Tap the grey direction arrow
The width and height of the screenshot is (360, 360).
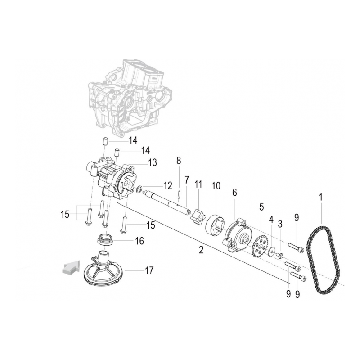click(x=71, y=267)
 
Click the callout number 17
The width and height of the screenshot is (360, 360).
click(x=149, y=270)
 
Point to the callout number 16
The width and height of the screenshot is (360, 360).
click(x=139, y=241)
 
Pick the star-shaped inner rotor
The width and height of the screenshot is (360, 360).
click(x=198, y=216)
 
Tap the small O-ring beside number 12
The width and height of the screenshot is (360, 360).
click(x=139, y=190)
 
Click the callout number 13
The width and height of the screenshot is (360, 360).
click(x=152, y=162)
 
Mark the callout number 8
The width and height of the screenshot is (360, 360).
click(x=179, y=161)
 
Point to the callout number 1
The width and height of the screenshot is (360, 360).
click(x=321, y=197)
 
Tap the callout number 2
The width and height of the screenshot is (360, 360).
click(x=201, y=250)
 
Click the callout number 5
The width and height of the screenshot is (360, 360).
click(x=261, y=207)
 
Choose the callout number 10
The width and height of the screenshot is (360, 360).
click(x=216, y=186)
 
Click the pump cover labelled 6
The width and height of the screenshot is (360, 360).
click(x=237, y=236)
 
